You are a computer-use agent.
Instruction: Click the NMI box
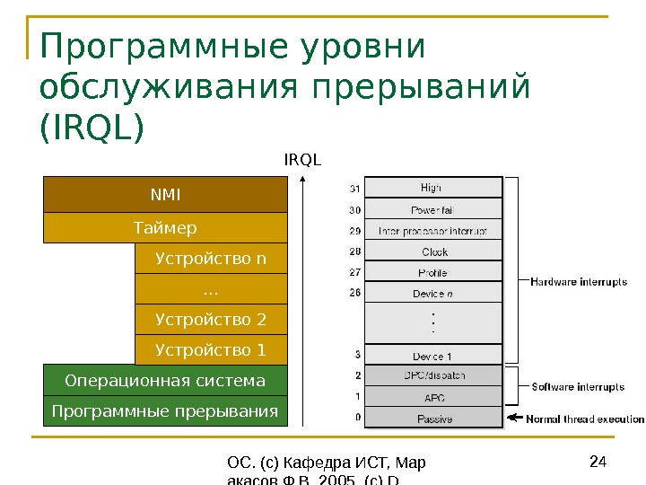(165, 193)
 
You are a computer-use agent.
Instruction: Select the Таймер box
(165, 227)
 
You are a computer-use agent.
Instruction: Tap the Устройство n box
(211, 260)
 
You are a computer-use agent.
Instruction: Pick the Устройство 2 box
(211, 319)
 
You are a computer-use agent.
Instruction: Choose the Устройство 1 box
(211, 349)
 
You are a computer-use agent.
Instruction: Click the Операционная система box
(165, 381)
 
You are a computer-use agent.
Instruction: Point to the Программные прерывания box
(165, 411)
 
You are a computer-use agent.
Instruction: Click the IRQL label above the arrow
(302, 160)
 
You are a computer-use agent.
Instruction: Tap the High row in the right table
(432, 188)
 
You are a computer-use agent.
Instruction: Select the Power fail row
(432, 209)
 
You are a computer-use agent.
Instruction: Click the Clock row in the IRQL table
(432, 252)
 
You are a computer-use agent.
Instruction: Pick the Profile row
(432, 273)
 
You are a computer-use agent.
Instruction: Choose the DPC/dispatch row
(432, 375)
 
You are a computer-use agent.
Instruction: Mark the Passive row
(432, 419)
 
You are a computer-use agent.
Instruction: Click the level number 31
(354, 189)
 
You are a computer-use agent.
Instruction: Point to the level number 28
(354, 251)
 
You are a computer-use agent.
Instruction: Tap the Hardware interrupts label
(579, 282)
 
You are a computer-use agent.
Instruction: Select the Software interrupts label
(578, 388)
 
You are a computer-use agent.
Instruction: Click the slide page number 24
(598, 463)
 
